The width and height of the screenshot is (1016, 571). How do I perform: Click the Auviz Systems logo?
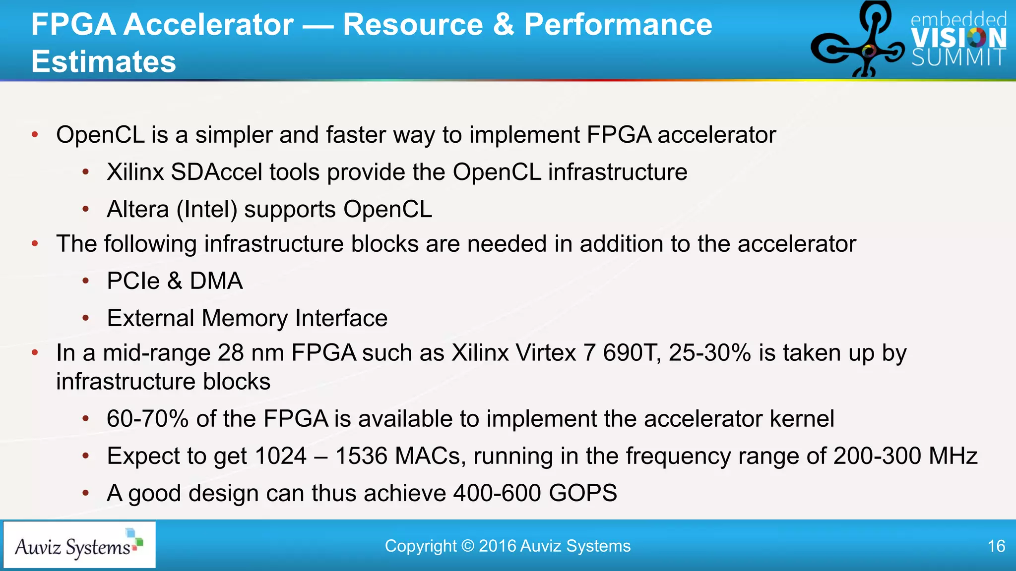79,545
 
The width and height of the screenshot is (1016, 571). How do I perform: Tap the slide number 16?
996,546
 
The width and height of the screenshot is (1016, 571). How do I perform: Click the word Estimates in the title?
104,61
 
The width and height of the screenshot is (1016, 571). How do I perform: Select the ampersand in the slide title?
504,24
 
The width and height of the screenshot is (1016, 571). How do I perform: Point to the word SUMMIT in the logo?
958,58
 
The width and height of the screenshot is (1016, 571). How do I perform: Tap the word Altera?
138,209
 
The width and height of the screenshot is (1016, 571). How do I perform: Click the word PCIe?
133,281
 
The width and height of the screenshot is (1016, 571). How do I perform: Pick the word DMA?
216,281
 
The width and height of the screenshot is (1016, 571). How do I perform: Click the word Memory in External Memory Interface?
245,318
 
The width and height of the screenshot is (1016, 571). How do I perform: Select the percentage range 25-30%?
709,353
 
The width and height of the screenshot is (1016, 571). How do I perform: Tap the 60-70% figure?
148,419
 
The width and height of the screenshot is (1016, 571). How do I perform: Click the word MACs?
427,456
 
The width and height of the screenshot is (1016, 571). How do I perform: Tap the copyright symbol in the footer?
467,546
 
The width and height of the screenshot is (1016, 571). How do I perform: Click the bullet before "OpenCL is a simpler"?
35,135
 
